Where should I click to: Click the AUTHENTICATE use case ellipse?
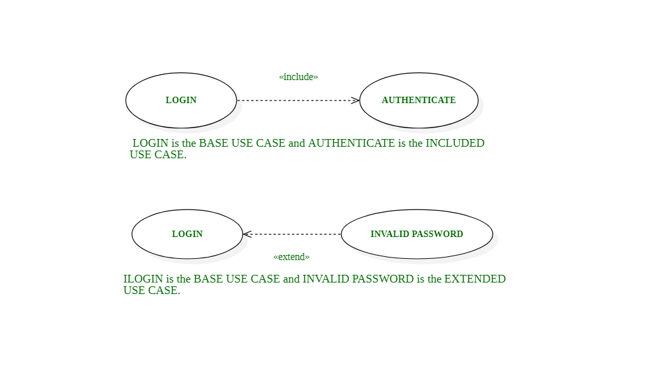tap(419, 101)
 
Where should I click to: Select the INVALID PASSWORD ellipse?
tap(417, 234)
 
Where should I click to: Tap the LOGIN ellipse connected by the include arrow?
tap(181, 101)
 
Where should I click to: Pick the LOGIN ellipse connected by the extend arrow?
tap(187, 234)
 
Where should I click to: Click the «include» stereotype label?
tap(298, 77)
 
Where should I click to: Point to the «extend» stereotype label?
tap(291, 257)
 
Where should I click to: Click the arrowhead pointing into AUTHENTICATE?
tap(355, 101)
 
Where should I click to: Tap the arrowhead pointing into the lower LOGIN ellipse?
tap(247, 234)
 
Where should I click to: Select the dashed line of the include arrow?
tap(295, 101)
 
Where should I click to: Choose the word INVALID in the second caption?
tap(322, 279)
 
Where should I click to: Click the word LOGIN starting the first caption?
tap(150, 143)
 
